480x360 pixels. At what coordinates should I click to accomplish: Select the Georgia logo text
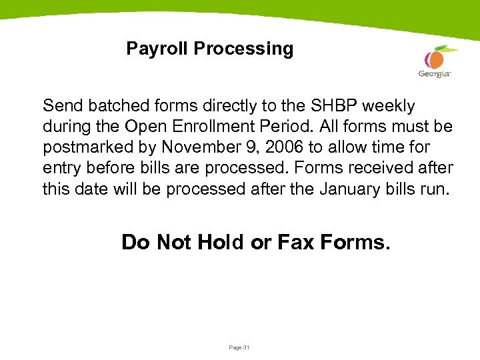(x=435, y=73)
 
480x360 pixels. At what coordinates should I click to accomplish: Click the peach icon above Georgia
(x=437, y=57)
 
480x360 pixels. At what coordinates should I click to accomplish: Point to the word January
(x=350, y=189)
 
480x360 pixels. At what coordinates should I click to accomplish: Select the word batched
(x=109, y=106)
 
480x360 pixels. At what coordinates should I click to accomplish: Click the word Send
(x=61, y=106)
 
